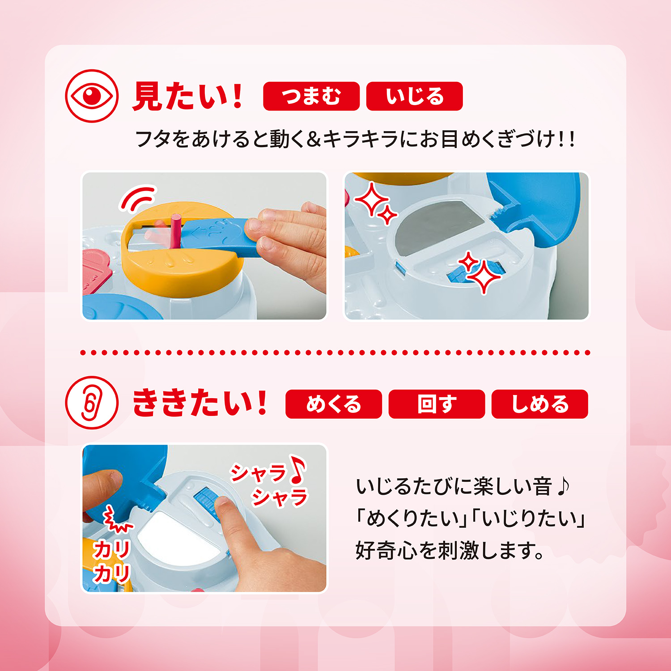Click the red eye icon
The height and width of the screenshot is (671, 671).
(92, 96)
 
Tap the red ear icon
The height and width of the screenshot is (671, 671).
(92, 403)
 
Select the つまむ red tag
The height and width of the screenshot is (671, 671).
(311, 96)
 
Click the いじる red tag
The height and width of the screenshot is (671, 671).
(414, 96)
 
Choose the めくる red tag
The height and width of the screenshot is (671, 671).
(333, 404)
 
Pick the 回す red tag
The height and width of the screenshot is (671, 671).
(437, 404)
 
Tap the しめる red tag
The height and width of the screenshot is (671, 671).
(539, 404)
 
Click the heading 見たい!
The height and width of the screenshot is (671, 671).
(188, 96)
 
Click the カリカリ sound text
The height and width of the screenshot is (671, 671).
(111, 561)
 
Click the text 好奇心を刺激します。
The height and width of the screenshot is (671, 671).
(450, 550)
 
